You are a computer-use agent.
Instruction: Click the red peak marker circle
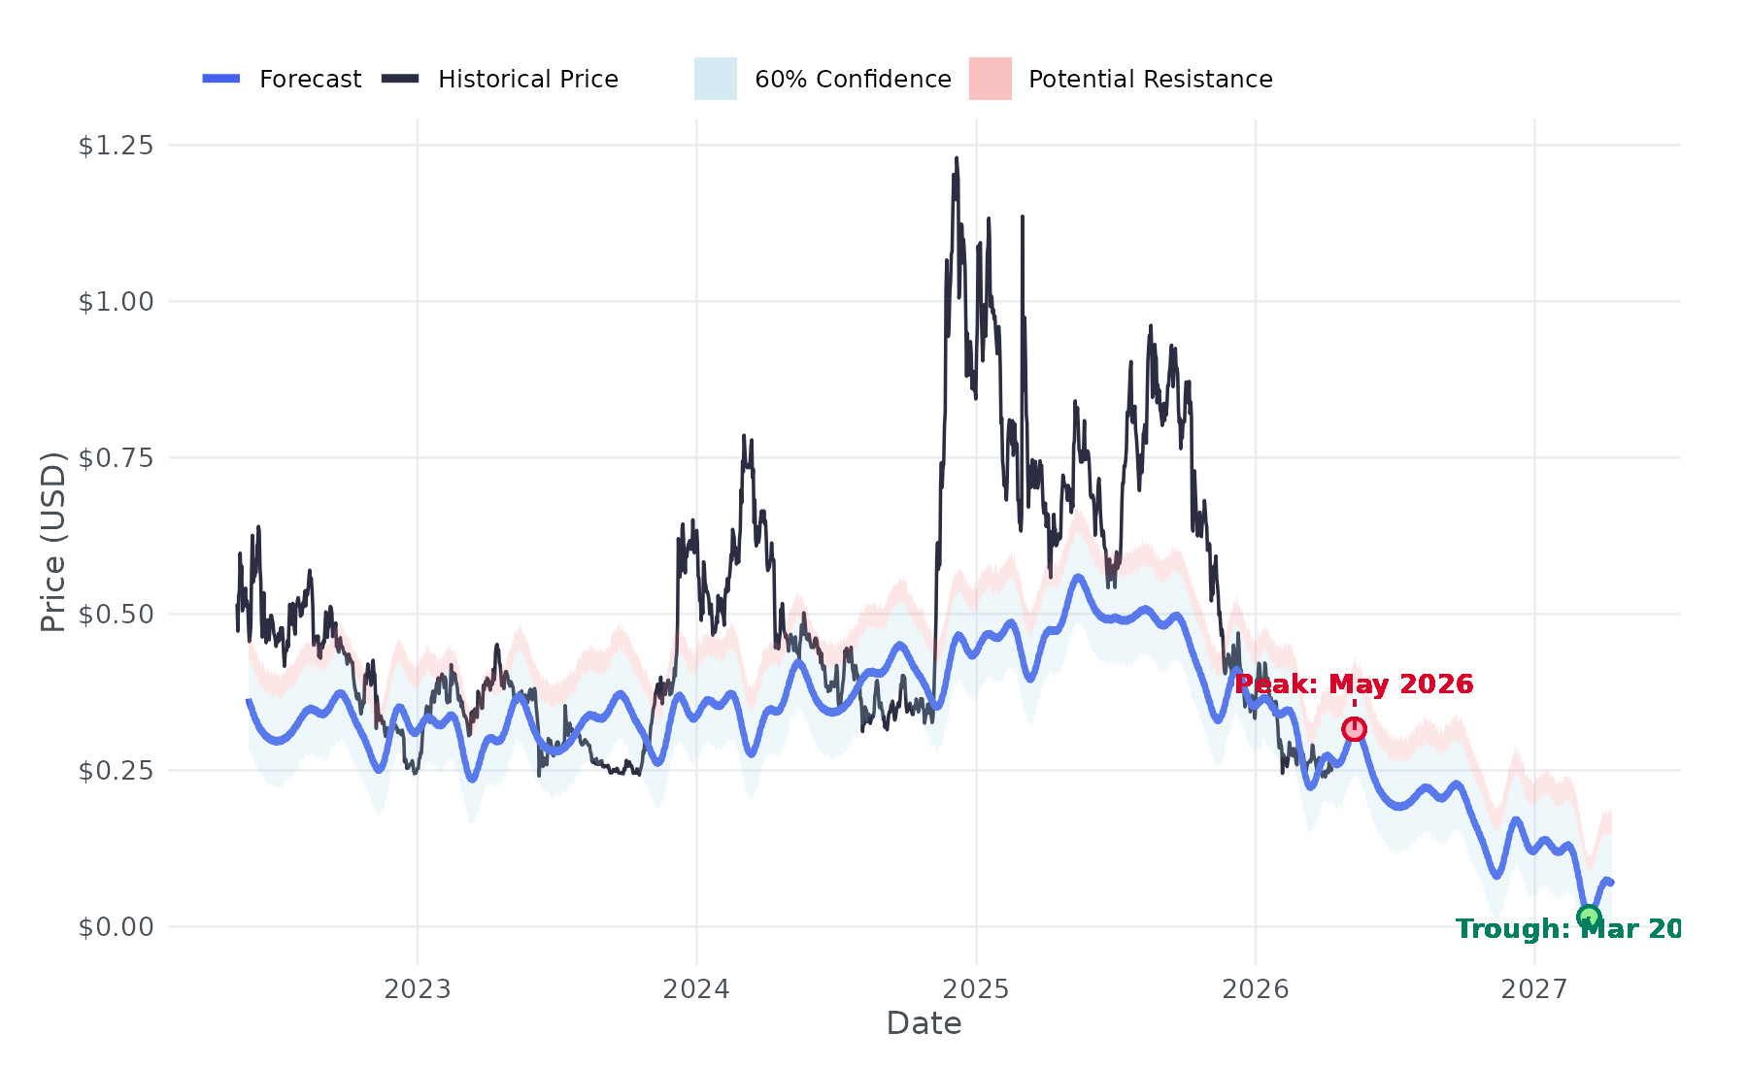[x=1354, y=729]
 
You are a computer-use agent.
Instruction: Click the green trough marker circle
[x=1588, y=917]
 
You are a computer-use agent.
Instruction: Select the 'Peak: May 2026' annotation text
[x=1354, y=684]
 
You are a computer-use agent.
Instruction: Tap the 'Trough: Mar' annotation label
[x=1567, y=929]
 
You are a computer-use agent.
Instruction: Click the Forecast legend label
[x=310, y=80]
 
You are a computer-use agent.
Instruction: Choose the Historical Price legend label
[x=527, y=80]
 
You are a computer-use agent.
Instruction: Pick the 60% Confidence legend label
[x=853, y=80]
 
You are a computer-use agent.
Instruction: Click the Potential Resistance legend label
[x=1150, y=80]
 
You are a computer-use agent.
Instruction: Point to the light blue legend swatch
[x=716, y=79]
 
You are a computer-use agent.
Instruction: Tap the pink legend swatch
[x=990, y=79]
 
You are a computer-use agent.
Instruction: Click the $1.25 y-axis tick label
[x=116, y=146]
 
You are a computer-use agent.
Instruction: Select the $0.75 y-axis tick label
[x=116, y=458]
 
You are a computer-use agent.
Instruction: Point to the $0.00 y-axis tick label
[x=116, y=927]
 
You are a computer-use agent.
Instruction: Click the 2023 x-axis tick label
[x=418, y=989]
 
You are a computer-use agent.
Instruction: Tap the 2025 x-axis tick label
[x=976, y=989]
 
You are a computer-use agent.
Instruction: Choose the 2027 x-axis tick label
[x=1534, y=989]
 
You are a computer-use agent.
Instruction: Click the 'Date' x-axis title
[x=924, y=1024]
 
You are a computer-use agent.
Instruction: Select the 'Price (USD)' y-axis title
[x=53, y=542]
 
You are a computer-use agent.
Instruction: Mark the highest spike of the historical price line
[x=957, y=158]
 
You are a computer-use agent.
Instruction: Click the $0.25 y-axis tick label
[x=116, y=771]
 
